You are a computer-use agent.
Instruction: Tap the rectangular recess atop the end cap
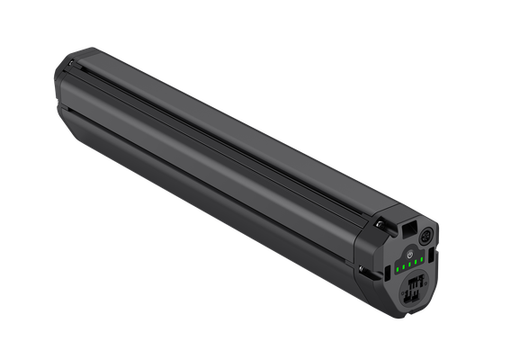[x=408, y=232]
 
